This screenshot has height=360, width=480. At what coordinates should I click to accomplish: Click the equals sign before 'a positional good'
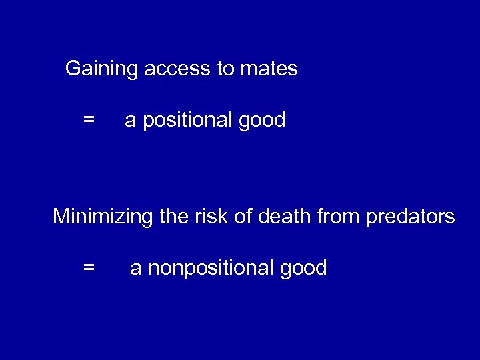tap(89, 121)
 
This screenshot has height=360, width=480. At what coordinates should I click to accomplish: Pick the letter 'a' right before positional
tap(131, 121)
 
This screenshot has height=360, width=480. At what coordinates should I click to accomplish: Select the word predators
tap(411, 217)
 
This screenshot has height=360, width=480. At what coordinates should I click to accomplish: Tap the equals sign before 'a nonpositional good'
tap(89, 268)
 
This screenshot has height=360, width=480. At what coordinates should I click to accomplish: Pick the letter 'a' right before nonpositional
tap(136, 269)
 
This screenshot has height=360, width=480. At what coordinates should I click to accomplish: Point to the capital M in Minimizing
tap(61, 217)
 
